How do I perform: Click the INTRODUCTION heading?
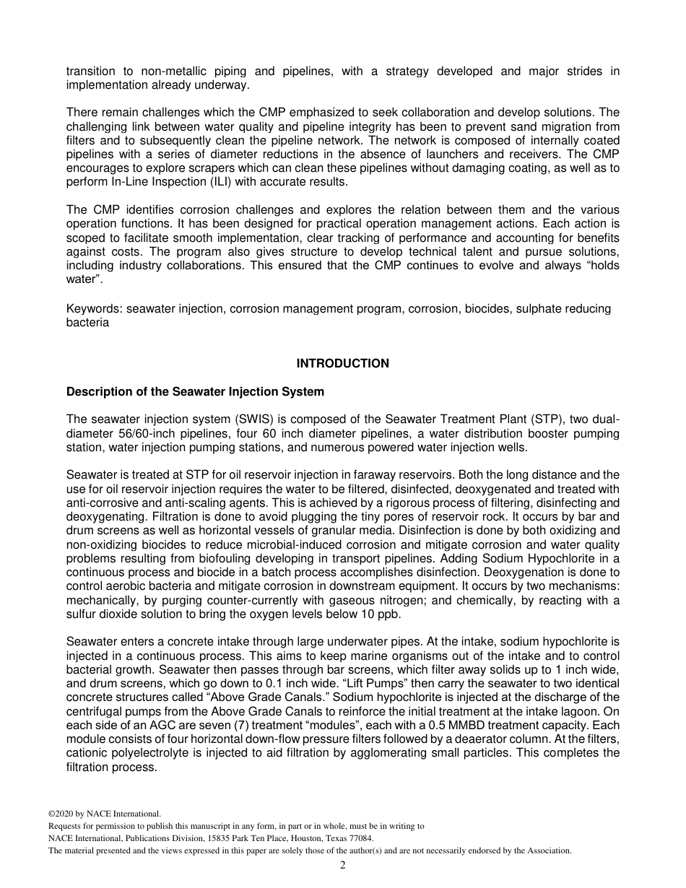pos(342,364)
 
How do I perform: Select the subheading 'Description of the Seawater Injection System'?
pos(195,392)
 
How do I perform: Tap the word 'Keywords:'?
pos(95,309)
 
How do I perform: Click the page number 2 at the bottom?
pos(343,866)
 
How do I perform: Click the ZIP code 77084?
pos(361,838)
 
